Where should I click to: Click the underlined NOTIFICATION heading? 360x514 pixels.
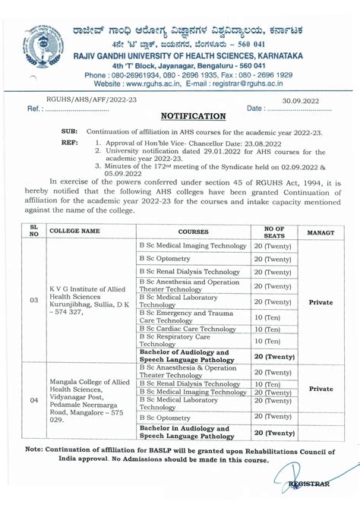194,116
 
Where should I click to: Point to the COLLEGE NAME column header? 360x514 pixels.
74,230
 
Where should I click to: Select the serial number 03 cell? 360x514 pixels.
33,301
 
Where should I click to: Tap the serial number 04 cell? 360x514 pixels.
33,399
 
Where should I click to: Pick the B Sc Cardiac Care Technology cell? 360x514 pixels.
187,329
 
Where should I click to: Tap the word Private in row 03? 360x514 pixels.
321,301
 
